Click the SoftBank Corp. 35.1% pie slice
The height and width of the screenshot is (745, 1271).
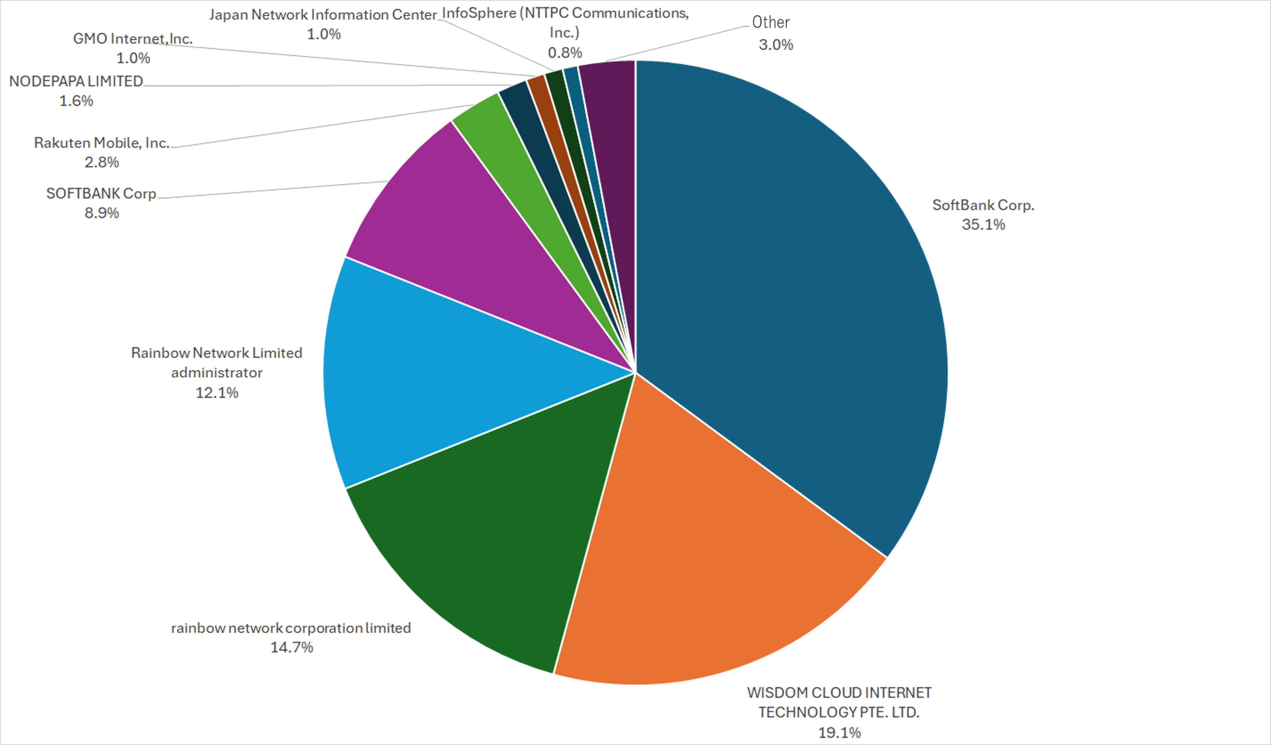pos(787,303)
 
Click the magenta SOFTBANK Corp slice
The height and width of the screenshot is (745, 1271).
pos(479,237)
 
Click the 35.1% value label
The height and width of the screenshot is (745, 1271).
pos(983,224)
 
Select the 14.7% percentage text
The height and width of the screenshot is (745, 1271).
pos(292,647)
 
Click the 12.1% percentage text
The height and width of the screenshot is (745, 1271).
pos(217,393)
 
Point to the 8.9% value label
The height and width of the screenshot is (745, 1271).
pos(101,213)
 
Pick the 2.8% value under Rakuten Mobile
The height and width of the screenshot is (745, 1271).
pos(101,162)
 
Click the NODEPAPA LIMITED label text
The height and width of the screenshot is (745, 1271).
pos(76,81)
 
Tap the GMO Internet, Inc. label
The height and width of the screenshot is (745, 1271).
pos(133,39)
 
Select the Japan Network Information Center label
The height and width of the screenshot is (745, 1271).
pos(323,15)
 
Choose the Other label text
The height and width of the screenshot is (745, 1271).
pos(771,22)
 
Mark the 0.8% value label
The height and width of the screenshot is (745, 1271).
pos(565,52)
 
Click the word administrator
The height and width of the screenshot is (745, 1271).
pos(217,373)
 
